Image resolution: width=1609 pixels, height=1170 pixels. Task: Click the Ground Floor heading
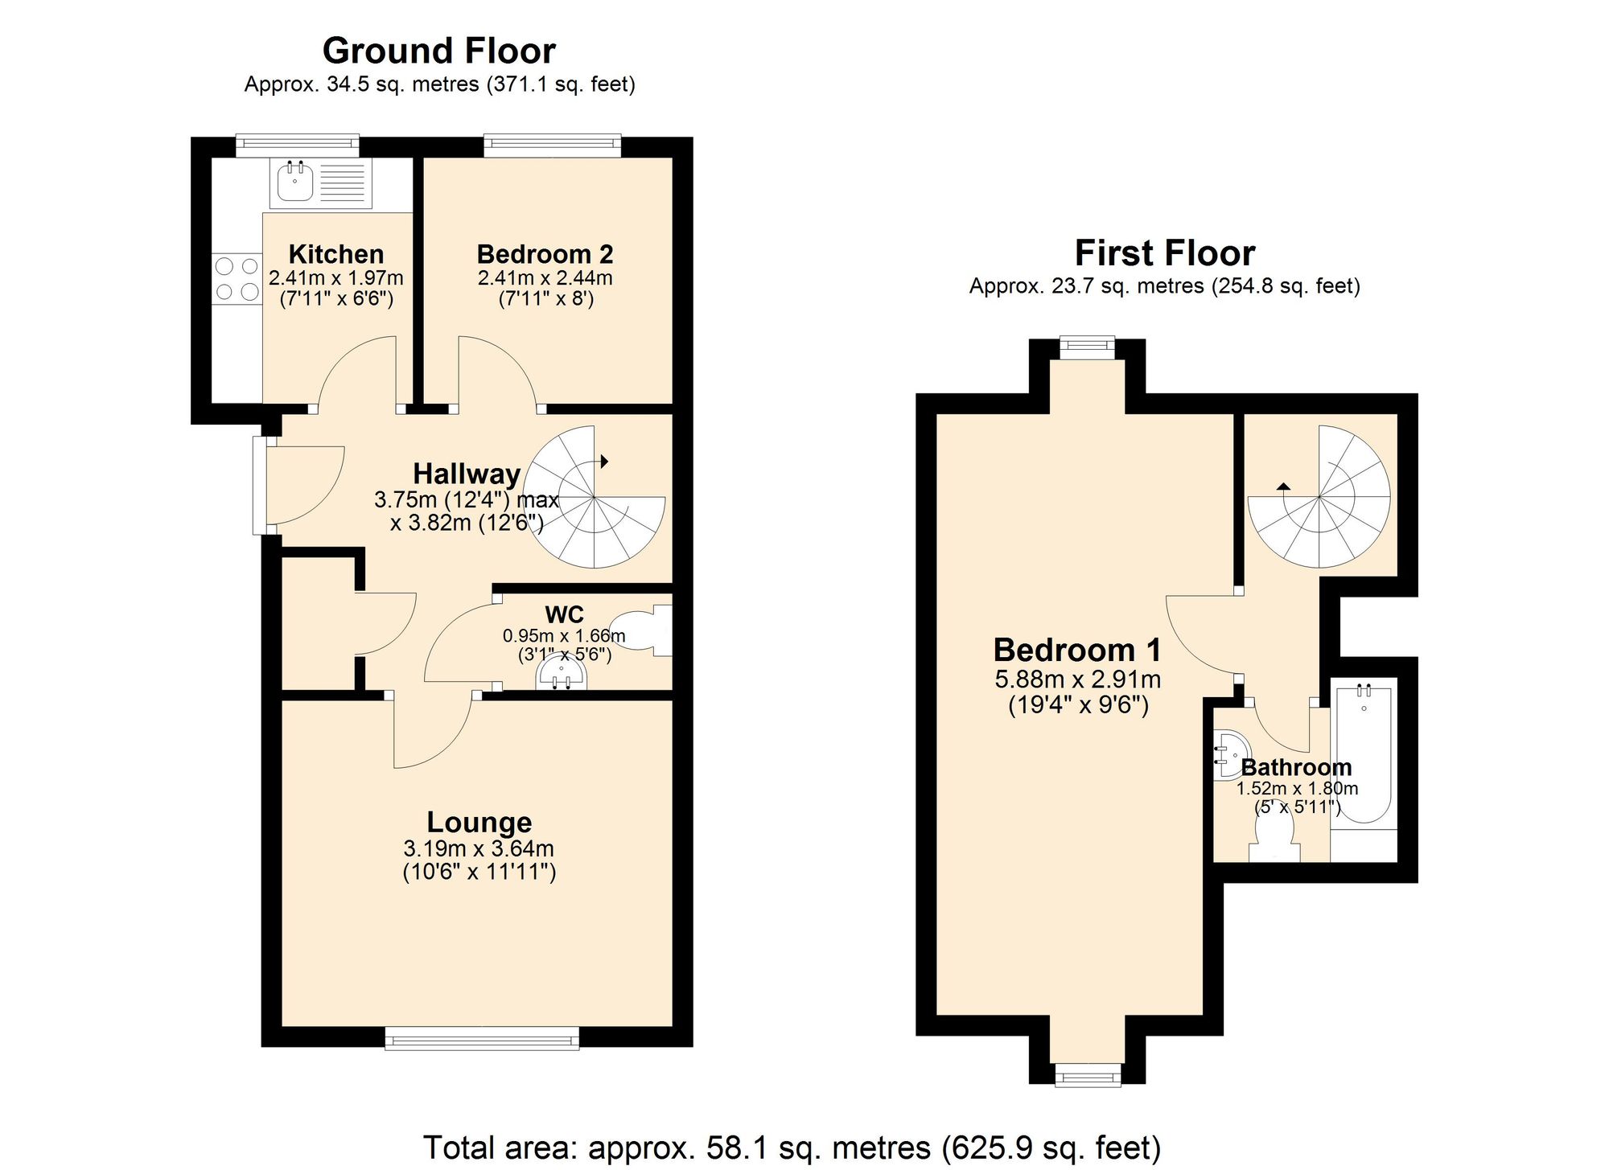pyautogui.click(x=438, y=51)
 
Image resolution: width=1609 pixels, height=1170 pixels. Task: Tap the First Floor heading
pyautogui.click(x=1164, y=253)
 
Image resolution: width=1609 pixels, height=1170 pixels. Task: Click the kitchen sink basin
pyautogui.click(x=295, y=182)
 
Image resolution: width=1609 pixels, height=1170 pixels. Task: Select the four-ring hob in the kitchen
pyautogui.click(x=237, y=278)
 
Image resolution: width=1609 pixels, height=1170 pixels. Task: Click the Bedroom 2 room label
pyautogui.click(x=545, y=254)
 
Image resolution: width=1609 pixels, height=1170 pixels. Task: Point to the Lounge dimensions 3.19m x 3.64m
pyautogui.click(x=479, y=848)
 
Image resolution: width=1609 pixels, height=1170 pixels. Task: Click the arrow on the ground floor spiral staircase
pyautogui.click(x=604, y=461)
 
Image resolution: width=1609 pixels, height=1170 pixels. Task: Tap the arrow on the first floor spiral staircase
pyautogui.click(x=1283, y=486)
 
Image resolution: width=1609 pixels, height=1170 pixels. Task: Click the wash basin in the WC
pyautogui.click(x=562, y=674)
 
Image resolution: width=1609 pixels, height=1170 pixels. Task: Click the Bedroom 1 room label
pyautogui.click(x=1077, y=650)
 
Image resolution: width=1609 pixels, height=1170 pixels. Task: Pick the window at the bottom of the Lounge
pyautogui.click(x=482, y=1039)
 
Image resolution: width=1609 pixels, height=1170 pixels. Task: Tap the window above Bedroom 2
pyautogui.click(x=552, y=146)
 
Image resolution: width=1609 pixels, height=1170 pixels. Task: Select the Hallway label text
pyautogui.click(x=467, y=474)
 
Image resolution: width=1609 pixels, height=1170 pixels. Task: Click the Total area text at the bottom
pyautogui.click(x=792, y=1147)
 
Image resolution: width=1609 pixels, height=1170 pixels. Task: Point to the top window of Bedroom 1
pyautogui.click(x=1087, y=347)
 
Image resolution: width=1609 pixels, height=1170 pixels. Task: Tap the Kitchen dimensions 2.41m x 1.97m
pyautogui.click(x=335, y=278)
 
